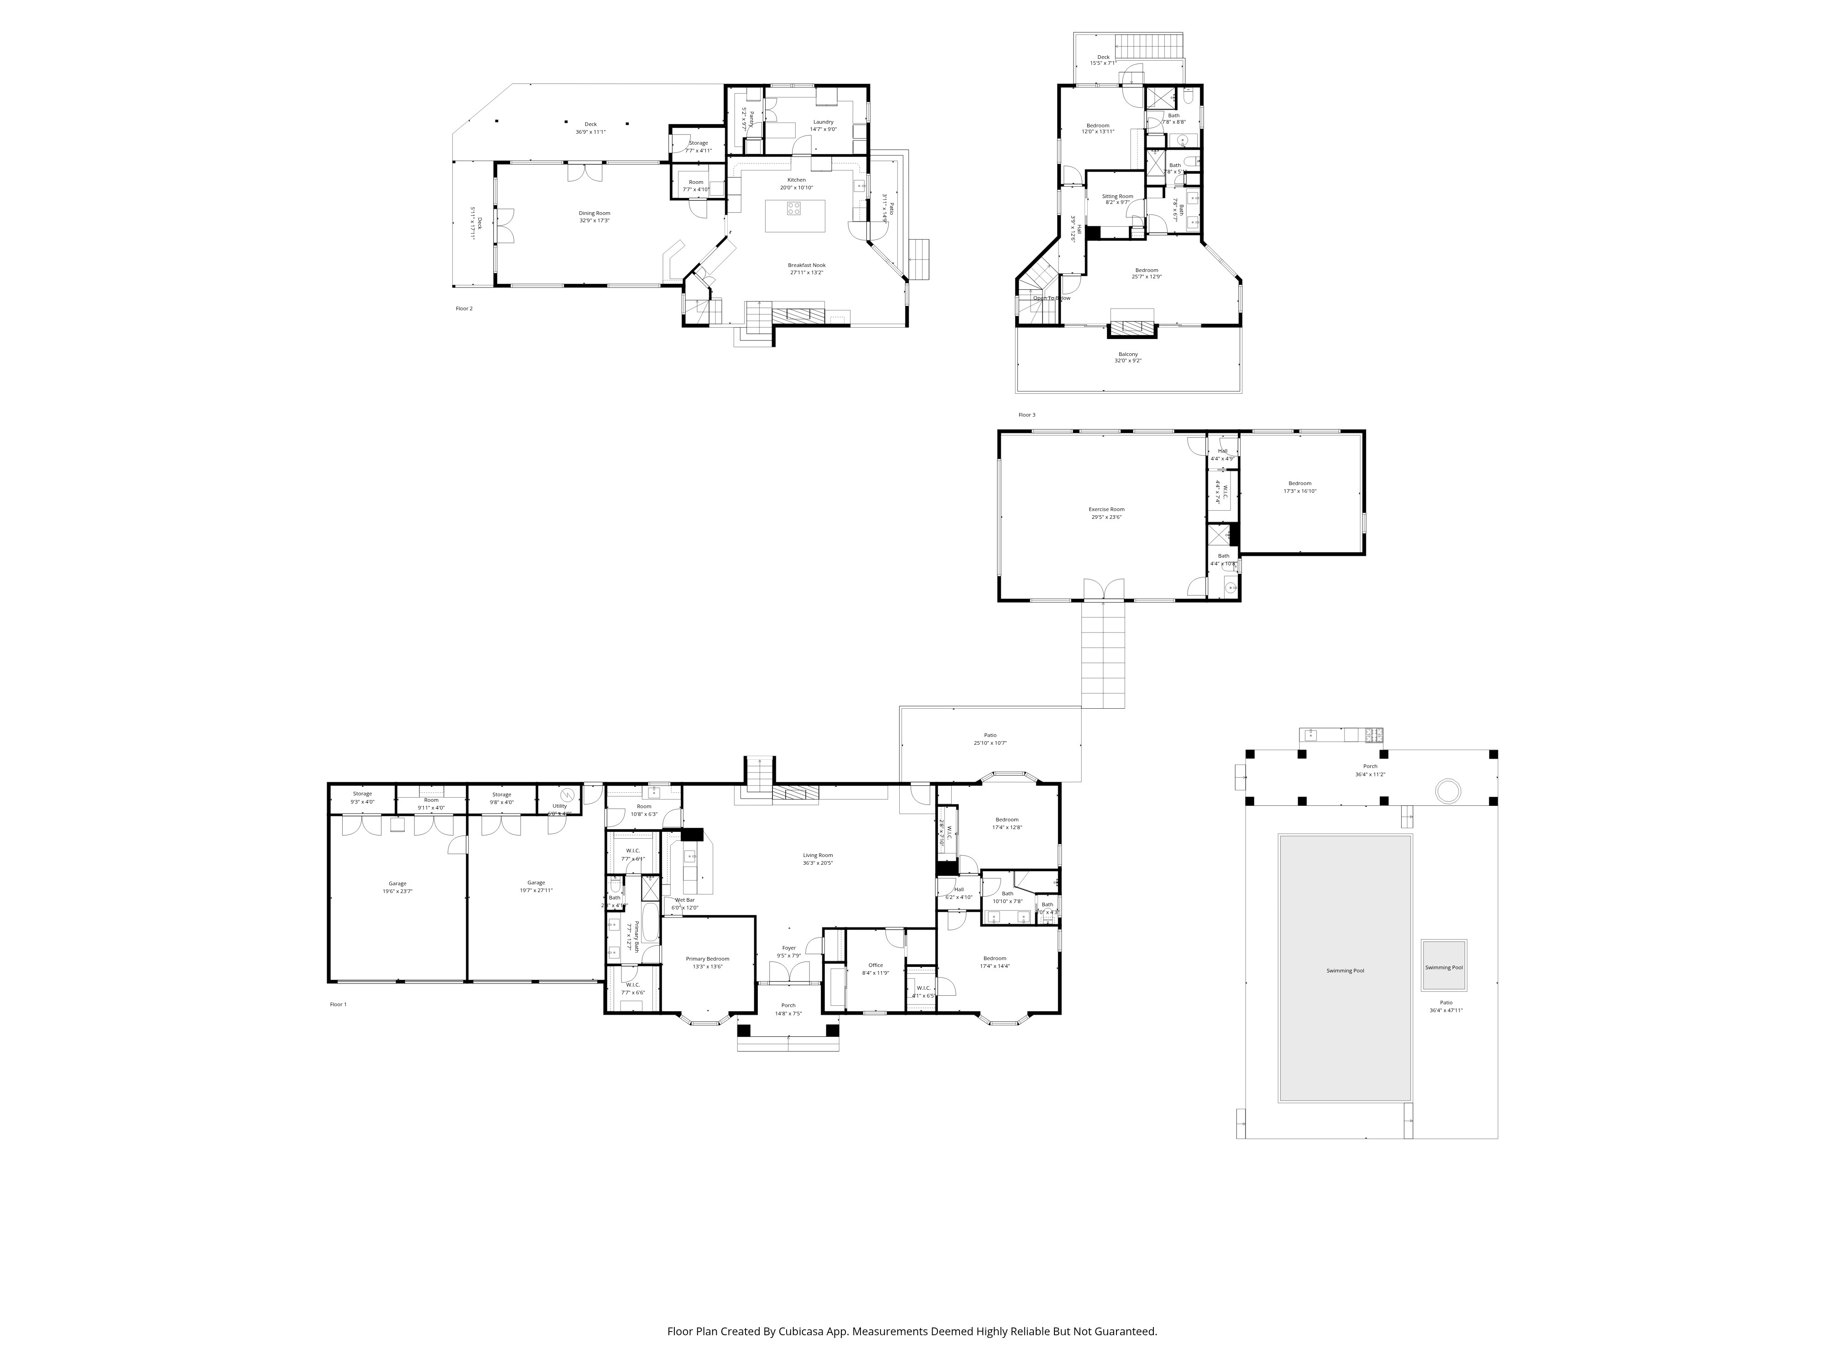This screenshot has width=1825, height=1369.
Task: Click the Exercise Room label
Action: click(x=1105, y=509)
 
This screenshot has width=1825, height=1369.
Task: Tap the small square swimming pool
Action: click(x=1443, y=967)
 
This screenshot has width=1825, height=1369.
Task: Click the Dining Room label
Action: click(x=594, y=213)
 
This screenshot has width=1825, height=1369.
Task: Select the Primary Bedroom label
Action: click(x=707, y=959)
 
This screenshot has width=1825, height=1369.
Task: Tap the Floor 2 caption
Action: click(x=464, y=308)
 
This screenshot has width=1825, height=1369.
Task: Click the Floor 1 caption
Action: click(x=338, y=1004)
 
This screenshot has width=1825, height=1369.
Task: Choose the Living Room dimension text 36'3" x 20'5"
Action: click(x=818, y=863)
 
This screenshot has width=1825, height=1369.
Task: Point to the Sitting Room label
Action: click(x=1117, y=196)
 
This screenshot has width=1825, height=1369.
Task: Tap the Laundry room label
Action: click(x=823, y=122)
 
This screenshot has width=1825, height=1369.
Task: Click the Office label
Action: click(x=876, y=965)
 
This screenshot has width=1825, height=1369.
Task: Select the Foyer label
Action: click(x=789, y=948)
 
